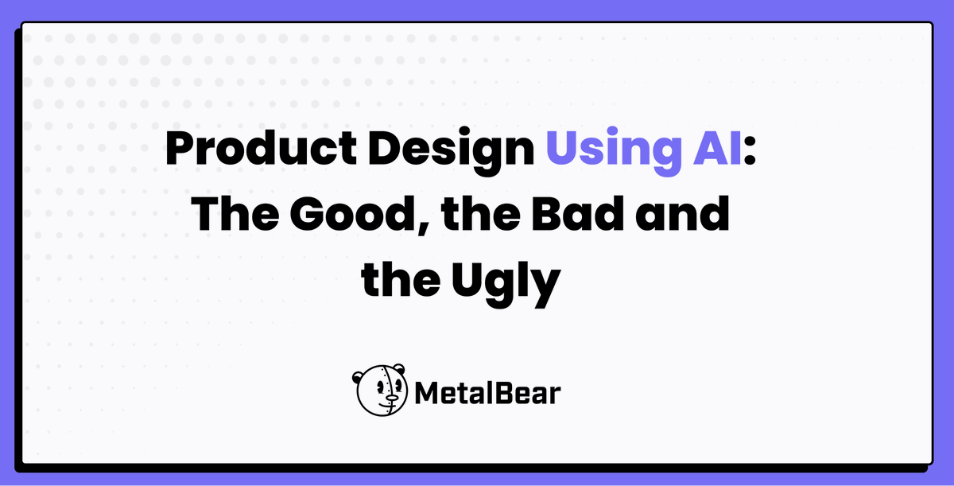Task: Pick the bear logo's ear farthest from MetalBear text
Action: pyautogui.click(x=357, y=376)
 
